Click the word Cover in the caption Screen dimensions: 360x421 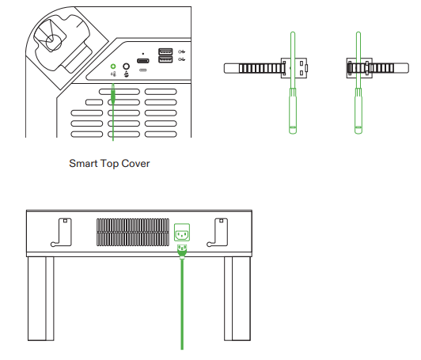pyautogui.click(x=135, y=164)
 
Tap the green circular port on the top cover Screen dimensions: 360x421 pyautogui.click(x=113, y=68)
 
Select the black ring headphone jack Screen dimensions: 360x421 pyautogui.click(x=125, y=68)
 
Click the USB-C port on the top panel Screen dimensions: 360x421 pyautogui.click(x=142, y=62)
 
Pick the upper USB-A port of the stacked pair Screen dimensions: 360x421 pyautogui.click(x=165, y=52)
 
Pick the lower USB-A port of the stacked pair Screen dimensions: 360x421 pyautogui.click(x=165, y=60)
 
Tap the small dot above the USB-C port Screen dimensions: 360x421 pyautogui.click(x=142, y=54)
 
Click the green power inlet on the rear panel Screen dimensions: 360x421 pyautogui.click(x=182, y=233)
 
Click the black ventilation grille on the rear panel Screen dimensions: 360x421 pyautogui.click(x=132, y=233)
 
